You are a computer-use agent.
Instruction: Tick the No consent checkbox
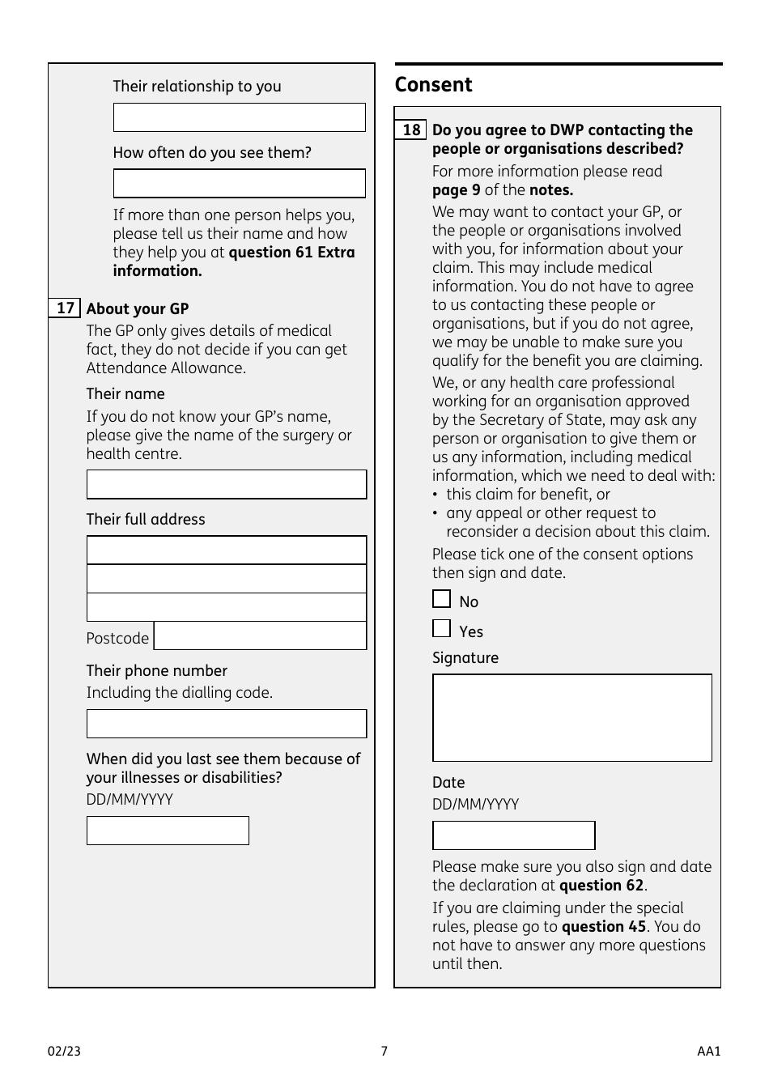click(x=441, y=599)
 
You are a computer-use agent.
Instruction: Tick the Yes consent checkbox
click(x=441, y=629)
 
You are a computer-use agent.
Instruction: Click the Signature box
click(x=571, y=718)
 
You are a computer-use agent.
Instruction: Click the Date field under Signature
click(x=513, y=835)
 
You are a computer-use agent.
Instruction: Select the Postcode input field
click(x=260, y=636)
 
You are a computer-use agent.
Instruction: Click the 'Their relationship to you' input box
click(x=239, y=117)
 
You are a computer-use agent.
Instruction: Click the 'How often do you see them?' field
click(x=239, y=184)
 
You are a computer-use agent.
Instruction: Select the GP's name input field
click(x=226, y=485)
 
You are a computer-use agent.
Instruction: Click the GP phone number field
click(x=226, y=724)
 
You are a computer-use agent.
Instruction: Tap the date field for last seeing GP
click(x=168, y=831)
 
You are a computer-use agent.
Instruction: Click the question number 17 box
click(x=65, y=308)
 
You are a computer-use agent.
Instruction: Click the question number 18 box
click(x=411, y=130)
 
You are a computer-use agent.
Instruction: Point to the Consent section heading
click(x=433, y=85)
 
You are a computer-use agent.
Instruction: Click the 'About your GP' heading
click(x=138, y=309)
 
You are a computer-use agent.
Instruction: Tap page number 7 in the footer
click(x=384, y=1052)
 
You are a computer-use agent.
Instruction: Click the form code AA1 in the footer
click(x=708, y=1052)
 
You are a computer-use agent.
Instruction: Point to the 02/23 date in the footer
click(x=65, y=1052)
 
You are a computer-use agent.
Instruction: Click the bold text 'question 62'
click(x=601, y=886)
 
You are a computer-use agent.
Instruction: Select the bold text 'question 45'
click(x=603, y=927)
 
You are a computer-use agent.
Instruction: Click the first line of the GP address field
click(x=226, y=550)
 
